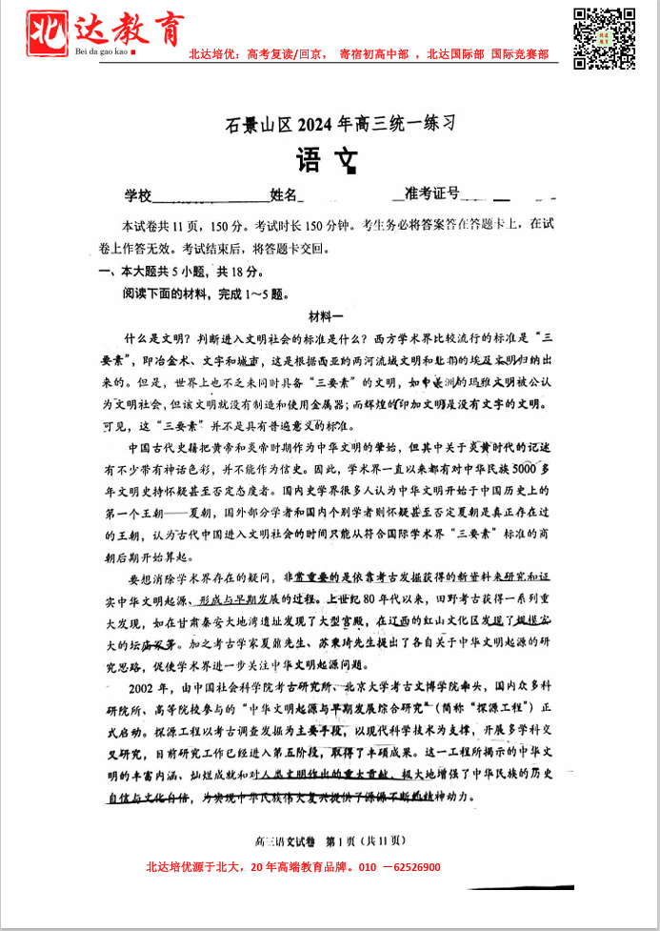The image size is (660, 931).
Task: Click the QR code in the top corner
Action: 604,38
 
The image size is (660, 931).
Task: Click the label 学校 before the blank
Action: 138,195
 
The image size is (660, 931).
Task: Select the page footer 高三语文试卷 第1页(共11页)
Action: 330,840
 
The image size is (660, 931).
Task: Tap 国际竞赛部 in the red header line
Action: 520,54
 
